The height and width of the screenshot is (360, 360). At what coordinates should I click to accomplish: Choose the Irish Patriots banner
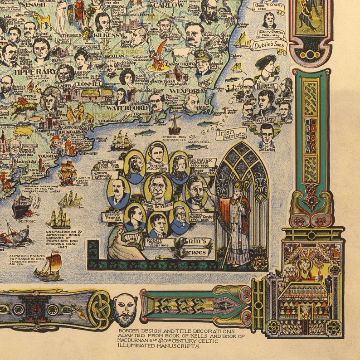point(231,133)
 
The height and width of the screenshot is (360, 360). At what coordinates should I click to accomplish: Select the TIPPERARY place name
point(28,71)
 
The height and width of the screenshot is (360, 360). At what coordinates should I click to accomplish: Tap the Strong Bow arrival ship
point(174,122)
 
